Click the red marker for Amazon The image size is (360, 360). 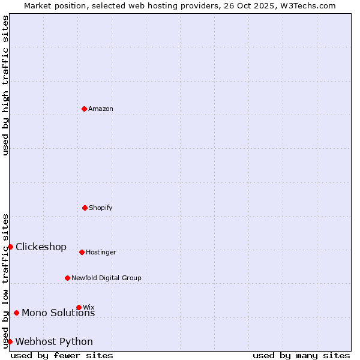tap(84, 109)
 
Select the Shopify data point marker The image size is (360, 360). tap(85, 208)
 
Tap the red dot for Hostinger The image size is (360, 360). tap(82, 252)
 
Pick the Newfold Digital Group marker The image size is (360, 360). tap(67, 278)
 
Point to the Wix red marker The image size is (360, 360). tap(79, 307)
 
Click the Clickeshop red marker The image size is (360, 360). tap(10, 247)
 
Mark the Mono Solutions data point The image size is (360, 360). tap(16, 313)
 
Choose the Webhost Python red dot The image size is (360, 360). tap(10, 341)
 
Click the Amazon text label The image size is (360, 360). tap(101, 109)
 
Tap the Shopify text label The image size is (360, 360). tap(101, 208)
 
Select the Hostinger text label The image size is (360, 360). tap(101, 253)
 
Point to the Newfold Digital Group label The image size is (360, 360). tap(106, 278)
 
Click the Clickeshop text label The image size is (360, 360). tap(41, 247)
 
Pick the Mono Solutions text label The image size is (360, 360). tap(58, 313)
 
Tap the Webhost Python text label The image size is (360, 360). tap(54, 342)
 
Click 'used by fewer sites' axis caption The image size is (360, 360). tap(62, 355)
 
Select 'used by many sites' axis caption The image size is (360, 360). tap(301, 355)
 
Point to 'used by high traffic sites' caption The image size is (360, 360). tap(5, 85)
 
